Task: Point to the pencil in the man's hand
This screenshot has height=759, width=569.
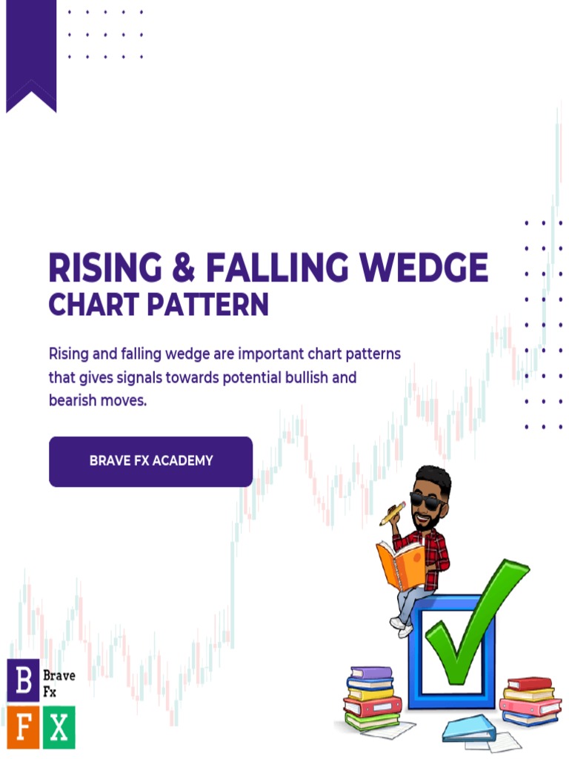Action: [x=393, y=514]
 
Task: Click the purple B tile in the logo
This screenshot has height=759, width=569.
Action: [x=23, y=680]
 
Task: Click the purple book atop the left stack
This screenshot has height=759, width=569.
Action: [x=371, y=673]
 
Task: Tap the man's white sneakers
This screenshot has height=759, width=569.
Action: [x=403, y=628]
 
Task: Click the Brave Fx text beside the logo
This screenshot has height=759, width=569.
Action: [x=59, y=683]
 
